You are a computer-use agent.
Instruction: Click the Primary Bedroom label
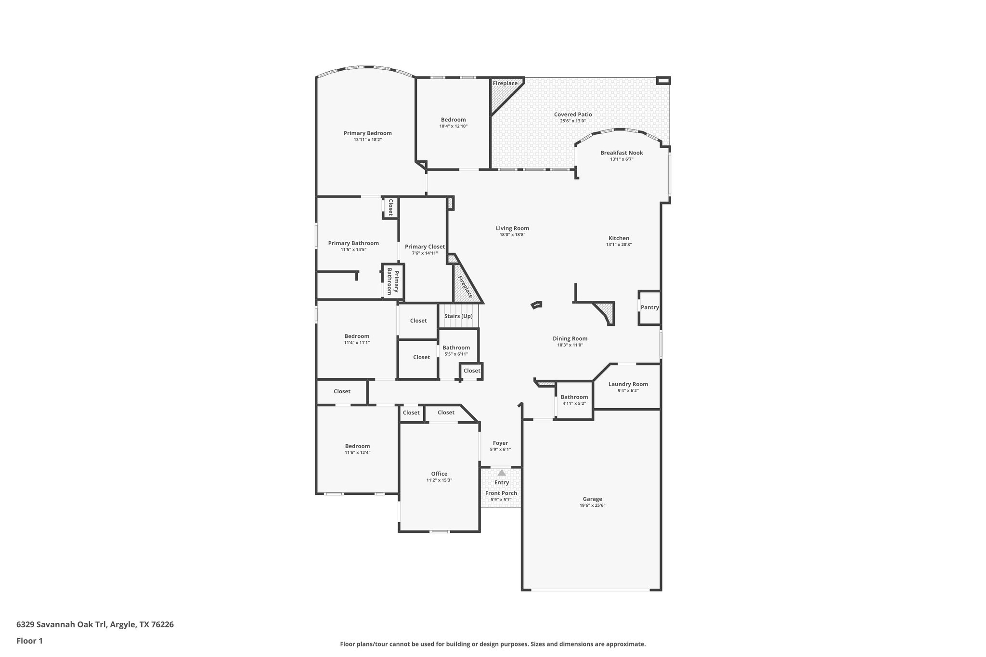[x=367, y=133]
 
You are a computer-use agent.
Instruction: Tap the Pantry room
[x=649, y=308]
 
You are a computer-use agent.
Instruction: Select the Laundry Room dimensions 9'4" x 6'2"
[x=628, y=391]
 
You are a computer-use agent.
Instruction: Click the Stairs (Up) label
[x=458, y=316]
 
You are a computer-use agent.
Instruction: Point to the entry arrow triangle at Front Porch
[x=502, y=473]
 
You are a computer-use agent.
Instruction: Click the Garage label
[x=592, y=499]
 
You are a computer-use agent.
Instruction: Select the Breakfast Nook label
[x=621, y=153]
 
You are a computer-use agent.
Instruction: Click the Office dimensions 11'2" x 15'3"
[x=439, y=480]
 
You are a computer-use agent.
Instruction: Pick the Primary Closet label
[x=425, y=247]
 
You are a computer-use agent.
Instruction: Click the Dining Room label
[x=570, y=339]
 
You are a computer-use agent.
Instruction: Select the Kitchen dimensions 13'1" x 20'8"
[x=619, y=245]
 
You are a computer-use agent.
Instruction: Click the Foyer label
[x=500, y=443]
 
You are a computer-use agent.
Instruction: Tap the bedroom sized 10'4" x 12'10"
[x=453, y=123]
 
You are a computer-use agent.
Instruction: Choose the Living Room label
[x=512, y=229]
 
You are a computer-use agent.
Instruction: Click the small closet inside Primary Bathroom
[x=390, y=207]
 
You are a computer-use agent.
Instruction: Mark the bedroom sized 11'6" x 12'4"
[x=357, y=449]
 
